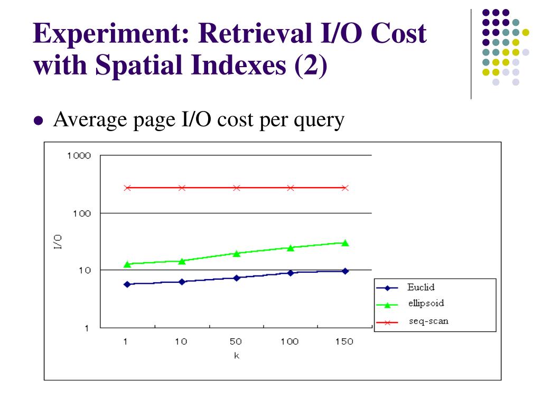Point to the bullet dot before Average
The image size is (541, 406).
point(38,121)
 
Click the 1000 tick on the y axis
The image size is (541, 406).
point(79,156)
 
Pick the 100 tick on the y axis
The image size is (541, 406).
point(82,213)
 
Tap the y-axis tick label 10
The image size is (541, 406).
point(85,270)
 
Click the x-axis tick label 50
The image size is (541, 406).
point(236,342)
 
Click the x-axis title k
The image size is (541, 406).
point(236,355)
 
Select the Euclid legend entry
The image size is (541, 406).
point(421,288)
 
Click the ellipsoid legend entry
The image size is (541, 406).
point(425,303)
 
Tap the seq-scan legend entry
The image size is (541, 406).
point(428,320)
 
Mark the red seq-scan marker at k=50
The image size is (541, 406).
point(236,188)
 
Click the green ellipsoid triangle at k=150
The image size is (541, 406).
point(345,243)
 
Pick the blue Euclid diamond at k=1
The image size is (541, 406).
point(127,284)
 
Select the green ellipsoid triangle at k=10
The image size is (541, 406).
point(181,261)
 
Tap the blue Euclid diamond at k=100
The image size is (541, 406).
point(291,273)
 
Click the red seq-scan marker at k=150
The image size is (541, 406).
point(345,188)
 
